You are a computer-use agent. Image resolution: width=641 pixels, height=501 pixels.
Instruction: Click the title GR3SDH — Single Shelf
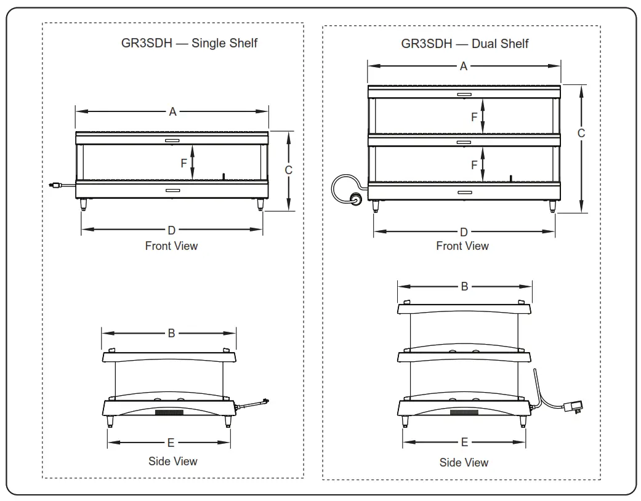(189, 43)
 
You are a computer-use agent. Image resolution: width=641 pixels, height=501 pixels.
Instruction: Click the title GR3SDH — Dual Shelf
(464, 43)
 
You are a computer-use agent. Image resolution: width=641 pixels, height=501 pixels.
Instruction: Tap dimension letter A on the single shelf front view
(173, 111)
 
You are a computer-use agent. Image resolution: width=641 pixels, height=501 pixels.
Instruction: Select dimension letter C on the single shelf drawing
(288, 170)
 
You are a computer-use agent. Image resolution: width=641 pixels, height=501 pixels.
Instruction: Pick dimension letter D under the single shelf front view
(172, 230)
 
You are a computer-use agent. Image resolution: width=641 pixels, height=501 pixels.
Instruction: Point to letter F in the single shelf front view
(183, 164)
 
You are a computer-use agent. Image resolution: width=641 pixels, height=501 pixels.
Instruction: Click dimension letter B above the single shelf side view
(171, 333)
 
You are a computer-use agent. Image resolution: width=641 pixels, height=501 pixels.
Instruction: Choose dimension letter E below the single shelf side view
(171, 443)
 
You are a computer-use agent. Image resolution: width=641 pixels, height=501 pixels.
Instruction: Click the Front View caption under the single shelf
(171, 246)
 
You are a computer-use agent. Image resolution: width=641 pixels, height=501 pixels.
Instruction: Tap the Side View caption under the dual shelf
(464, 462)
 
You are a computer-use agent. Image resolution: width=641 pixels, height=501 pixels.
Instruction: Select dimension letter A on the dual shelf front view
(464, 66)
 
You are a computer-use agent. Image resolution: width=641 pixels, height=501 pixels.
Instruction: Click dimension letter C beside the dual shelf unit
(581, 133)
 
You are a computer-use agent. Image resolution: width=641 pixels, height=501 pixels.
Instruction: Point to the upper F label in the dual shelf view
(474, 117)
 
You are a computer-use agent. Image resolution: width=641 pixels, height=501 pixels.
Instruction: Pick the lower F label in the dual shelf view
(474, 165)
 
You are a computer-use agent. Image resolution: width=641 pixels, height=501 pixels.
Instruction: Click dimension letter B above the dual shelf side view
(465, 286)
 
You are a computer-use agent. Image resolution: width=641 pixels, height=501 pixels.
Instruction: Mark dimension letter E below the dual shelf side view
(465, 442)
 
